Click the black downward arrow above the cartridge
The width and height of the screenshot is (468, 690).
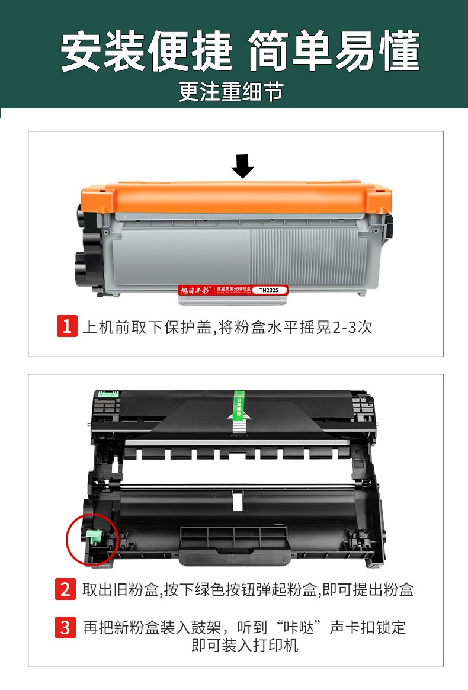(242, 166)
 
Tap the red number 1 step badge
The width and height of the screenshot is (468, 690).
(66, 326)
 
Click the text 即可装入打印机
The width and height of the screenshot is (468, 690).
(245, 646)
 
